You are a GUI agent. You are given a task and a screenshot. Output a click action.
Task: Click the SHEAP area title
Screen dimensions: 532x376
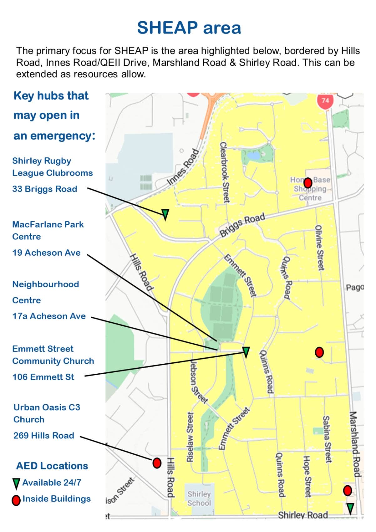point(189,28)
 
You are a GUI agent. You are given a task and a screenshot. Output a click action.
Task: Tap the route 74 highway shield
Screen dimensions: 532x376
point(325,101)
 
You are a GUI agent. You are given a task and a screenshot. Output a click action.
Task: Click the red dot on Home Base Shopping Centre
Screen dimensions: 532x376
point(308,182)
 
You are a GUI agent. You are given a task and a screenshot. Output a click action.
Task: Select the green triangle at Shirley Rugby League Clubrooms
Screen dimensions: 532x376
point(165,214)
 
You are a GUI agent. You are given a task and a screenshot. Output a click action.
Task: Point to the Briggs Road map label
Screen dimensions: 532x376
point(242,225)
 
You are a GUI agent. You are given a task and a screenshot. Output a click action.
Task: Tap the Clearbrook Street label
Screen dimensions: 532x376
point(225,172)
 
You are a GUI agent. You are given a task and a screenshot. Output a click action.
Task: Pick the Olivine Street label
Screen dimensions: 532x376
point(319,248)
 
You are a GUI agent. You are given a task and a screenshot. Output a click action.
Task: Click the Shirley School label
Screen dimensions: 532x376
point(199,498)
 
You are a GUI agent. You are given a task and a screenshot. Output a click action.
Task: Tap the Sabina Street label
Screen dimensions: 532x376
point(327,439)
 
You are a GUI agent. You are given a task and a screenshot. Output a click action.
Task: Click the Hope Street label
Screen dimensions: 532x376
point(307,476)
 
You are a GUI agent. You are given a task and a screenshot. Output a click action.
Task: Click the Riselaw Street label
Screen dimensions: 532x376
point(190,437)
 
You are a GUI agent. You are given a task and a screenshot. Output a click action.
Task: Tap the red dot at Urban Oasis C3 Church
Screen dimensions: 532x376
point(157,463)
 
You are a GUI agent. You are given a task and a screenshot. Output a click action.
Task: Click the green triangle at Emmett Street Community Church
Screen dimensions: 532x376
point(246,352)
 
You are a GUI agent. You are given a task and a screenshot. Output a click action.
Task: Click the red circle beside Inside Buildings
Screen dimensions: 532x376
point(16,500)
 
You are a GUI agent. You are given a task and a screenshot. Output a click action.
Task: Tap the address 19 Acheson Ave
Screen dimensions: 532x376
point(46,253)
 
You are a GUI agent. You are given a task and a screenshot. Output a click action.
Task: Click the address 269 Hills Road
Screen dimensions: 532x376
point(44,435)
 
